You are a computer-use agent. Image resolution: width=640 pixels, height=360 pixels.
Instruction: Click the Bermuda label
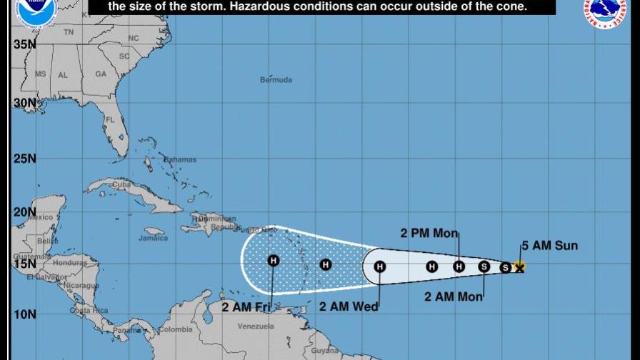coord(276,80)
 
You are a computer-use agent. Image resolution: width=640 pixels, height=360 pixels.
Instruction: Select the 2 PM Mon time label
coord(429,233)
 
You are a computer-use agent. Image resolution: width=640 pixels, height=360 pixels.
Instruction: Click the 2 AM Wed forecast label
coord(349,307)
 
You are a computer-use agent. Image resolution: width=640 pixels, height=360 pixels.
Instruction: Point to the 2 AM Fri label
coord(246,308)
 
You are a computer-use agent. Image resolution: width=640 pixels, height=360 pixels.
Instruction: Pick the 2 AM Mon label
coord(454,296)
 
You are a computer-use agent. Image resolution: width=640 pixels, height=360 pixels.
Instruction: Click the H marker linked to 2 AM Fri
coord(273,261)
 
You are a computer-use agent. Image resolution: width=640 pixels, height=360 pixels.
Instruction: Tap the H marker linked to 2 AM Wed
coord(380,266)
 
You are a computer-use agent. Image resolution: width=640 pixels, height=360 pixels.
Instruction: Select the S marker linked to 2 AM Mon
coord(484,266)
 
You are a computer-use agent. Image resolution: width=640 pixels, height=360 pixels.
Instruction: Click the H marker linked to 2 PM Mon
coord(459,266)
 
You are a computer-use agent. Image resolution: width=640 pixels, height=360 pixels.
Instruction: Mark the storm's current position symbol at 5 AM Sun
coord(519,266)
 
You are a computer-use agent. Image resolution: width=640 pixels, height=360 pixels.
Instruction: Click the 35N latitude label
coord(24,44)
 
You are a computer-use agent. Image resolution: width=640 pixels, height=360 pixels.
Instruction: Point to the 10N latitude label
coord(24,314)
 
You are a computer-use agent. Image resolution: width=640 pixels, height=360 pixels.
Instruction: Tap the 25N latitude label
coord(24,158)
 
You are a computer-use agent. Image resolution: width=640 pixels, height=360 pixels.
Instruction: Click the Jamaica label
coord(154,238)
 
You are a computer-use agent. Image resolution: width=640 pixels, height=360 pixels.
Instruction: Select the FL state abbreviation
coord(110,120)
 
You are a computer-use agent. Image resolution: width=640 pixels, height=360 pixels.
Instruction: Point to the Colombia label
coord(176,329)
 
